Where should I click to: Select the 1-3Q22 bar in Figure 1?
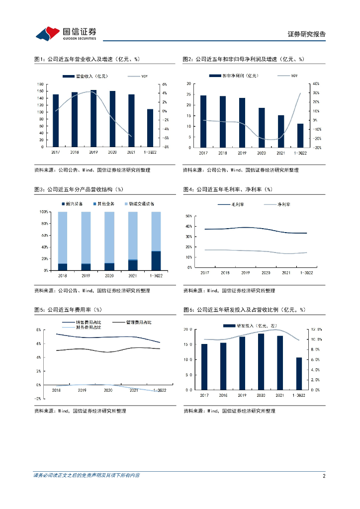point(150,128)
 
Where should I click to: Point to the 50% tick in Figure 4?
point(188,216)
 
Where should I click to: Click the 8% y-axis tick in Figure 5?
point(38,330)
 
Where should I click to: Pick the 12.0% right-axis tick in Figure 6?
point(317,329)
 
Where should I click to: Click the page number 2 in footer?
point(324,476)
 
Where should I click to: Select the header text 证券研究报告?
point(307,34)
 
